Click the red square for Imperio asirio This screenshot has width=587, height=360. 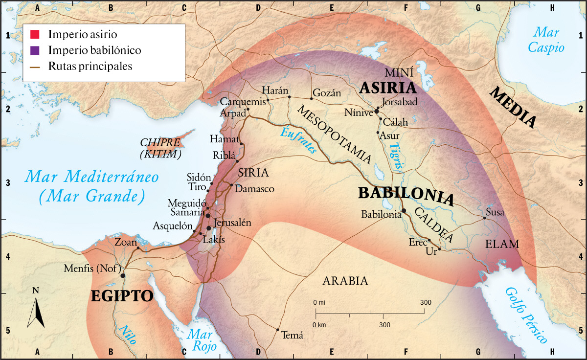tap(35, 35)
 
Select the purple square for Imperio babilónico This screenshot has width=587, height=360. tap(35, 50)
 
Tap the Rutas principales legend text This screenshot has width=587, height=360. tap(90, 66)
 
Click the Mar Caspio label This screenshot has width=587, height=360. tap(549, 40)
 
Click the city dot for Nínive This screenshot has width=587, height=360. tap(377, 112)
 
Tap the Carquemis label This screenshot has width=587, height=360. tap(243, 102)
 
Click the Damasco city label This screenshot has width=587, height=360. tap(254, 188)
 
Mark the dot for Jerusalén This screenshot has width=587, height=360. tap(209, 228)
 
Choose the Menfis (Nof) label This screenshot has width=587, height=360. tap(91, 269)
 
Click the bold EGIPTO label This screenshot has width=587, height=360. tap(122, 296)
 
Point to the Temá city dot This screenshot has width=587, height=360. tap(278, 330)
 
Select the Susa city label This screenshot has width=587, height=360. tap(495, 213)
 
